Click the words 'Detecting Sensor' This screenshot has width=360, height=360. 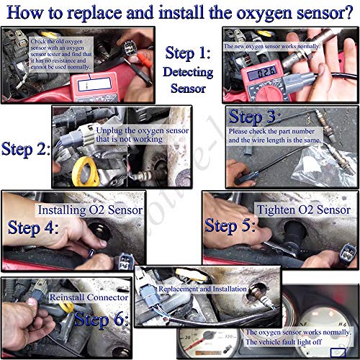click(189, 80)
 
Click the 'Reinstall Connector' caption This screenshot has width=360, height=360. click(89, 297)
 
